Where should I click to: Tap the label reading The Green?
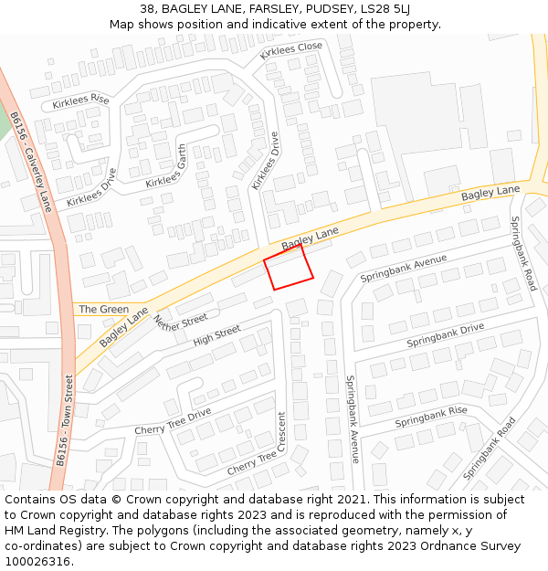tap(103, 309)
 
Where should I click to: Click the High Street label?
tap(216, 336)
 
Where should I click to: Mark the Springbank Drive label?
tap(446, 334)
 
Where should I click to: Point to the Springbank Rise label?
tap(431, 417)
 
